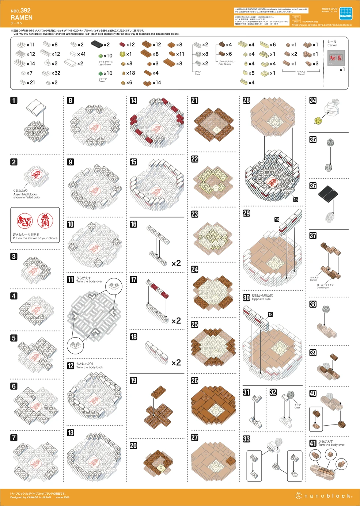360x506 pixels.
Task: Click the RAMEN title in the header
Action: tap(22, 18)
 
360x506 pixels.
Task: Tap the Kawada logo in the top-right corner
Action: tap(345, 14)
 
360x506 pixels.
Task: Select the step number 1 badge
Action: tap(14, 100)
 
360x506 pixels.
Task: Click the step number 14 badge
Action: tap(133, 100)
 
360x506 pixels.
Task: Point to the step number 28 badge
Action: tap(247, 100)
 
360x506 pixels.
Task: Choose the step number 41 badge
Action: tap(313, 443)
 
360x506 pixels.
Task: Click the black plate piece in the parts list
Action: tap(96, 44)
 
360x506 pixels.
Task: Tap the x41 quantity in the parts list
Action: tap(81, 54)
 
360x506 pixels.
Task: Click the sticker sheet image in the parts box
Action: tap(336, 58)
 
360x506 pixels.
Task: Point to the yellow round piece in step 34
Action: tap(318, 120)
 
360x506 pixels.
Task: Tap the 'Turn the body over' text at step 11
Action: tap(89, 282)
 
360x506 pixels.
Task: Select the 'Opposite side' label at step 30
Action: tap(261, 299)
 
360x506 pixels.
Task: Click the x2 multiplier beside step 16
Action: tap(176, 263)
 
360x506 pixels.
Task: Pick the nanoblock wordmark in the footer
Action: tap(327, 496)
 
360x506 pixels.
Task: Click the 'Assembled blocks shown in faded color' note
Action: tap(27, 196)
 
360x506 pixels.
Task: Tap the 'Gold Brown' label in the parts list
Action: tap(224, 64)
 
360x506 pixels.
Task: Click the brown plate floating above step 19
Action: tap(159, 392)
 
